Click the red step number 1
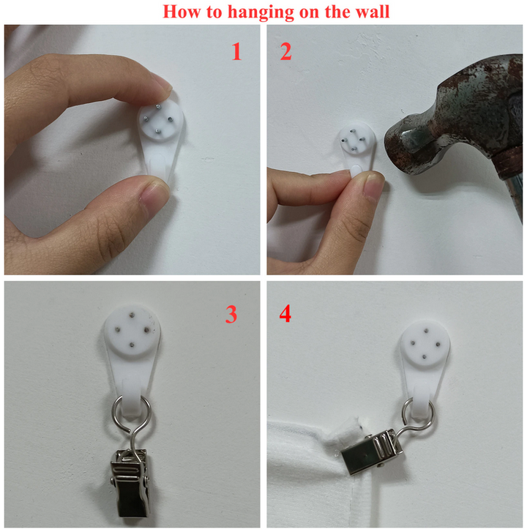click(x=236, y=51)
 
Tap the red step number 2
click(x=285, y=51)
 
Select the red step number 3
click(x=231, y=314)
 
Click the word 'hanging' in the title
click(x=261, y=12)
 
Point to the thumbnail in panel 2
click(x=373, y=185)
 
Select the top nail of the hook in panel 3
click(x=131, y=315)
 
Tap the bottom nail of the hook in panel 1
click(x=157, y=131)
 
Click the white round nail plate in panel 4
click(x=425, y=344)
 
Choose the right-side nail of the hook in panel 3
click(x=147, y=329)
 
